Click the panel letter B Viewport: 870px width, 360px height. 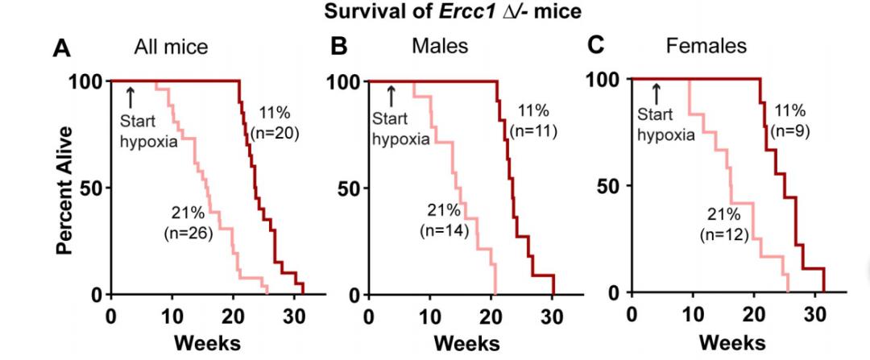(339, 47)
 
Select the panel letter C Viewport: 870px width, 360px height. (595, 45)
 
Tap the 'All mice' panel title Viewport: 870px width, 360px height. (171, 47)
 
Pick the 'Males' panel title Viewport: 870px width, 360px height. (439, 46)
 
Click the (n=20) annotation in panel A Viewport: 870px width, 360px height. (275, 133)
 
